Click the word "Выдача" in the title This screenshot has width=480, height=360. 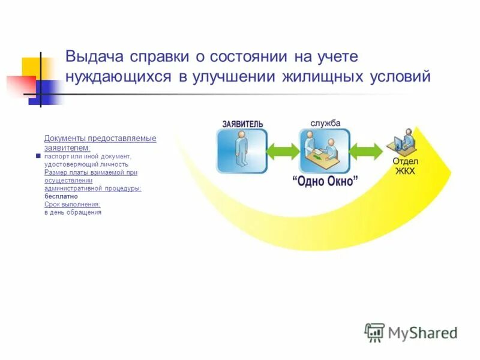(x=93, y=57)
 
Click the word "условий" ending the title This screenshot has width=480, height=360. (x=400, y=77)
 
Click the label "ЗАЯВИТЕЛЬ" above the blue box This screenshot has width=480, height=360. (x=242, y=124)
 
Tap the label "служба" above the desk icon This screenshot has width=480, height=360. (x=325, y=123)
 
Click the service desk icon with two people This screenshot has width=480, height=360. (x=325, y=151)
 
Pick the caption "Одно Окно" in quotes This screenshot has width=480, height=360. (x=325, y=181)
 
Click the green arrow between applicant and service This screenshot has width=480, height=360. (x=283, y=151)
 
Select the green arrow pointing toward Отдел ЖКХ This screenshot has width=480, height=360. (x=365, y=151)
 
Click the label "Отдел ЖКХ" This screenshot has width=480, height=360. (x=405, y=166)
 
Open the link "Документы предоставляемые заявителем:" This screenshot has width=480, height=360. (x=100, y=143)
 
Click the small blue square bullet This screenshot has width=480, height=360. (x=38, y=155)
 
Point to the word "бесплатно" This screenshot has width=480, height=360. (x=61, y=196)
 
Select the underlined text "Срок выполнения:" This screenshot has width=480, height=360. (x=72, y=204)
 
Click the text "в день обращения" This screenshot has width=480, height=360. (x=73, y=212)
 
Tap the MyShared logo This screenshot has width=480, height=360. (x=411, y=332)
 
